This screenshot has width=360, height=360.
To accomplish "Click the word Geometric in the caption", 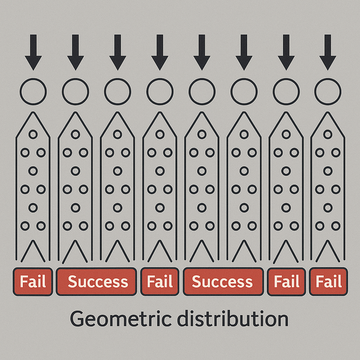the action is click(121, 319).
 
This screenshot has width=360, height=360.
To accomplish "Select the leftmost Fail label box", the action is click(33, 282).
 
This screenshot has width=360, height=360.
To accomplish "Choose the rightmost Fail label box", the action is click(329, 282).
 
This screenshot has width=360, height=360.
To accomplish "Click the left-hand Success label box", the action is click(96, 282).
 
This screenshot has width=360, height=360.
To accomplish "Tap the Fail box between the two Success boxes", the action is click(160, 282).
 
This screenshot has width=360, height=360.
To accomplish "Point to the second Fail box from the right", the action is click(287, 282).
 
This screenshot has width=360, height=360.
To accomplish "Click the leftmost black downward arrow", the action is click(33, 52).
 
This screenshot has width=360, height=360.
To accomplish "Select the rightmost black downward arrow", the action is click(328, 52).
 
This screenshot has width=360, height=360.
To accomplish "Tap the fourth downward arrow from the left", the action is click(160, 52).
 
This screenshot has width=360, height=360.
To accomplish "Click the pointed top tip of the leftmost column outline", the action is click(33, 112).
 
